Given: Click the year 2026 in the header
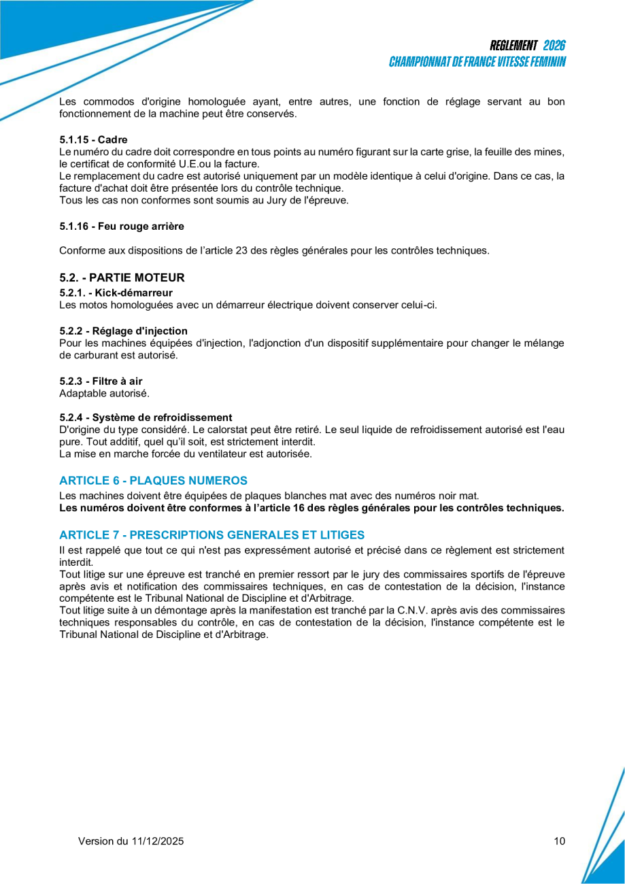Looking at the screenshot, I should point(554,46).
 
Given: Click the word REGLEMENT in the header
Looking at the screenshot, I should point(513,46).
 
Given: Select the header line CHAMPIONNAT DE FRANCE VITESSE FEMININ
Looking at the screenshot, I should point(477,62).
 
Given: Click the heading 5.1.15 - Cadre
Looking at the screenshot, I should point(93,139).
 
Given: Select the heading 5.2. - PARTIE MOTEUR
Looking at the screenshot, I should point(122,277).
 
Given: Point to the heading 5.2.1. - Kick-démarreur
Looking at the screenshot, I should point(116,292).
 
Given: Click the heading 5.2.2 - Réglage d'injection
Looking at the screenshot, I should point(123,331).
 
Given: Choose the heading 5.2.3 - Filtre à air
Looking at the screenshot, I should point(101,381).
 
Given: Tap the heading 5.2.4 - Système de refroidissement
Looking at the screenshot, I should point(146,418).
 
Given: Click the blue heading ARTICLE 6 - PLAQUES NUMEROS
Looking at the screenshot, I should point(153,481).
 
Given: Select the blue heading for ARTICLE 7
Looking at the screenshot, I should point(212,534).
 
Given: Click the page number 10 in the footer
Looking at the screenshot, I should point(559,841).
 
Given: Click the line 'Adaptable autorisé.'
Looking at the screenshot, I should point(104,393).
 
